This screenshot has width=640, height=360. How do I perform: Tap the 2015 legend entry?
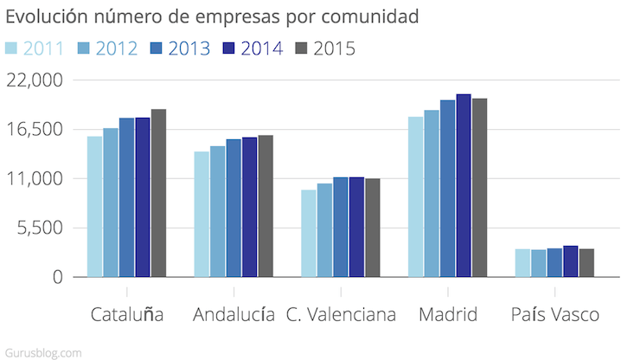pos(325,48)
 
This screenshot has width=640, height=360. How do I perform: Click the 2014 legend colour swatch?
pos(229,48)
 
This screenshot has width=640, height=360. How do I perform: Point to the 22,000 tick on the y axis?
pos(35,80)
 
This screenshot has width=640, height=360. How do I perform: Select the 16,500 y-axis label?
pos(35,129)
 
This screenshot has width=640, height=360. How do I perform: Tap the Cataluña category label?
pos(126,313)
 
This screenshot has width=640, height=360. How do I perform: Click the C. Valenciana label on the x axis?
pos(341,313)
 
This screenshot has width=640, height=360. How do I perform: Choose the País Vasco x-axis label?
pos(554,313)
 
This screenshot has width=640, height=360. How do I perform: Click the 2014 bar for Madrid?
pos(464,186)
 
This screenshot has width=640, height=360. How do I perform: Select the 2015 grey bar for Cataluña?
pos(158,193)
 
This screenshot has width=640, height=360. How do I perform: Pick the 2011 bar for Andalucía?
pos(202,215)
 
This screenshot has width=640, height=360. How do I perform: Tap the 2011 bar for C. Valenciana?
pos(308,234)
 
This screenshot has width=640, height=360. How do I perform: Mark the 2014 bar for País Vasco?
pos(571,261)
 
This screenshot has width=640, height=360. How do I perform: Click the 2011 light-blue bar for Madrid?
pos(415,197)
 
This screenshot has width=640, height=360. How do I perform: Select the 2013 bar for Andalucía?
pos(234,209)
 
